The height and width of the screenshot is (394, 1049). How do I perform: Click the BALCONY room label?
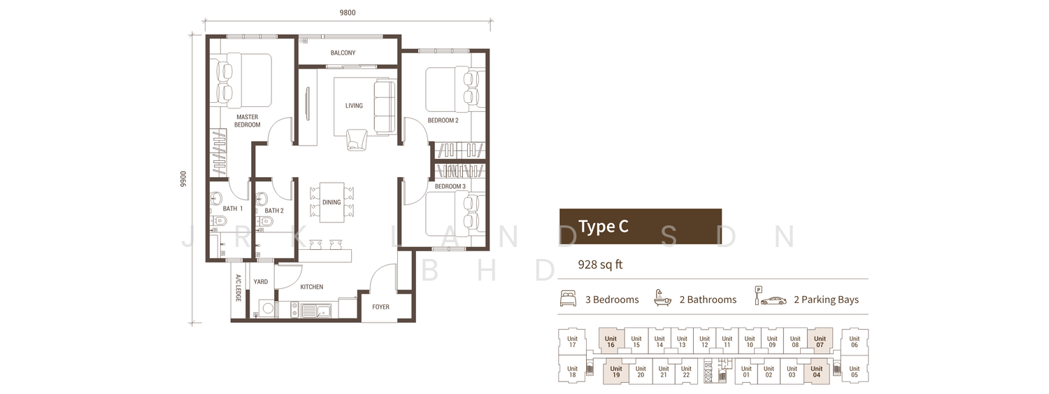point(343,53)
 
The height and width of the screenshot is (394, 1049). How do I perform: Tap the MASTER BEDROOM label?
point(248,121)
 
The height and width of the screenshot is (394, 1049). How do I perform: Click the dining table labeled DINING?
point(331,202)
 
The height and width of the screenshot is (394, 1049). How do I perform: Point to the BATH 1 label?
point(233,209)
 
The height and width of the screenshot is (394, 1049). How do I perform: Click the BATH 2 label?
point(274,211)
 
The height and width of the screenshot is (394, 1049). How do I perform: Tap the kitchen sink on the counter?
point(316,310)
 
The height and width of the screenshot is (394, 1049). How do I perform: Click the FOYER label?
point(380,307)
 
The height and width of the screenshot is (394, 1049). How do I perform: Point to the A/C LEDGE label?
point(238,288)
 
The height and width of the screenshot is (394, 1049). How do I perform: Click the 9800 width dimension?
point(348,13)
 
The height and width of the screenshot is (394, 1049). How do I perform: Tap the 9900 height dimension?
point(183,179)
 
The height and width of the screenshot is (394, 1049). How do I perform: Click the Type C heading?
point(603,227)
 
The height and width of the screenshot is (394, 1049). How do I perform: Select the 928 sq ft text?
point(600,265)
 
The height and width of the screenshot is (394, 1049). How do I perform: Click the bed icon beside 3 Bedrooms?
point(568,299)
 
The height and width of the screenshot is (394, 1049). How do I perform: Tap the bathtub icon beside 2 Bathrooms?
point(662,298)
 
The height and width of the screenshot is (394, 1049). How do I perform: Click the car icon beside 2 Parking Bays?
point(773,300)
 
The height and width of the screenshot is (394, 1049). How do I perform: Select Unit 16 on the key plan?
point(611,342)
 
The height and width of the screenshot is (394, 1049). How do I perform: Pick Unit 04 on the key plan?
point(816,372)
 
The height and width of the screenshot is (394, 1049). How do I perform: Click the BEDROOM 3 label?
point(450,186)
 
